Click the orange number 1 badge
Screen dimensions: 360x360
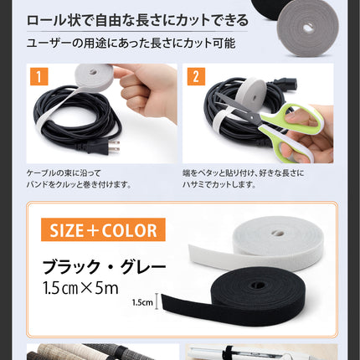click(x=39, y=76)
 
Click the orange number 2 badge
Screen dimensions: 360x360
click(x=196, y=76)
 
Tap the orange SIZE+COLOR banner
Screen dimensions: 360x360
click(x=103, y=229)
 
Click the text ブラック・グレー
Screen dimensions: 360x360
click(x=104, y=267)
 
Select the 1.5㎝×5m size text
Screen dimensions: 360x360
click(x=81, y=288)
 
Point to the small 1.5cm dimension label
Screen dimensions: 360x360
click(x=142, y=302)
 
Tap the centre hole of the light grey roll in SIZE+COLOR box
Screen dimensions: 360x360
click(x=277, y=233)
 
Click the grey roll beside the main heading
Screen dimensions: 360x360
click(x=307, y=28)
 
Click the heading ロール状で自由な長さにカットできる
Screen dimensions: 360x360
click(x=137, y=21)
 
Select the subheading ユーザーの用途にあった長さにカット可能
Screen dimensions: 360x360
click(x=131, y=44)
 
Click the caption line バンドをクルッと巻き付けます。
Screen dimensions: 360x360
click(x=79, y=185)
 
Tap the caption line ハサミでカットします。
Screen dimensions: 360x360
click(x=219, y=185)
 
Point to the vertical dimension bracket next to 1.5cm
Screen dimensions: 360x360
click(x=157, y=301)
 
